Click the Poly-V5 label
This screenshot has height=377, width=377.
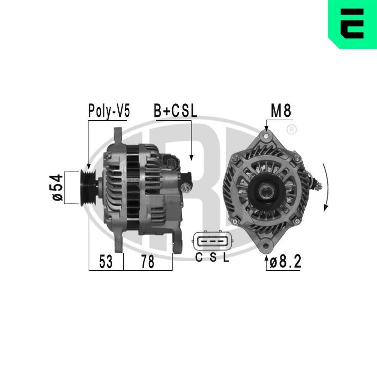click(109, 111)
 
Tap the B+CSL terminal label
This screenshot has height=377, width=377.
click(175, 111)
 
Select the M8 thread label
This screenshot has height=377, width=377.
click(281, 111)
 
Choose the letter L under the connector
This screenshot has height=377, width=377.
click(225, 258)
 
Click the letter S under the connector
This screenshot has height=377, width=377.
click(213, 258)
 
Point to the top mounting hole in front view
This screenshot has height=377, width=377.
click(266, 135)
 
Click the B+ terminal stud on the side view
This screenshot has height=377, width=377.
click(185, 187)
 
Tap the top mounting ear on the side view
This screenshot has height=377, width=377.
click(118, 135)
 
